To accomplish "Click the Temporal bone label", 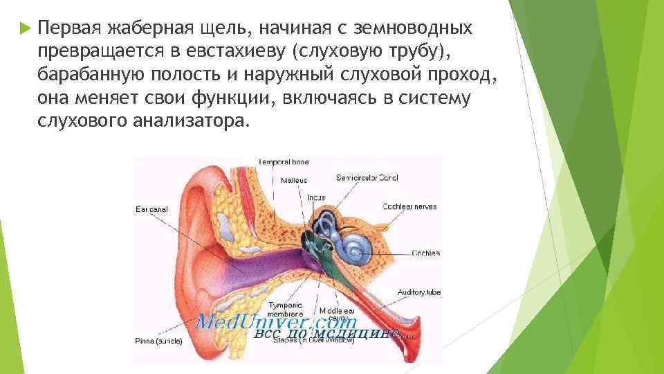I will click(284, 162).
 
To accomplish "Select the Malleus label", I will click(293, 180).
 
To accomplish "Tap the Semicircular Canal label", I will click(367, 178).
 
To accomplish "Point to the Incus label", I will click(316, 198).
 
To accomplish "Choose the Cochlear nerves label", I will click(409, 206).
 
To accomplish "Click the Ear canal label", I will click(151, 208).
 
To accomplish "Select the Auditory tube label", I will click(418, 292).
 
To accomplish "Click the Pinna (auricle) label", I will click(159, 341).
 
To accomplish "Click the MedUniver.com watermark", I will click(276, 322).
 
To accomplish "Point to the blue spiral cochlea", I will click(356, 244).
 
